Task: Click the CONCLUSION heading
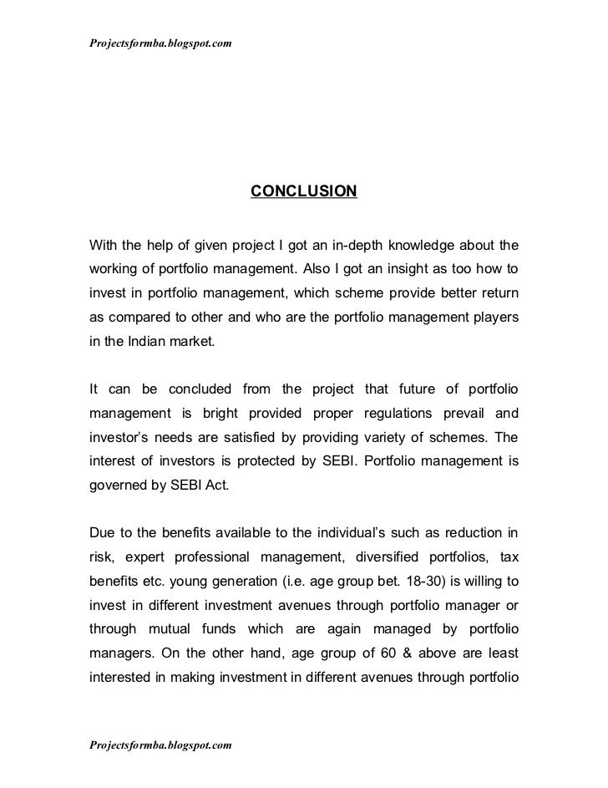[303, 192]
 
